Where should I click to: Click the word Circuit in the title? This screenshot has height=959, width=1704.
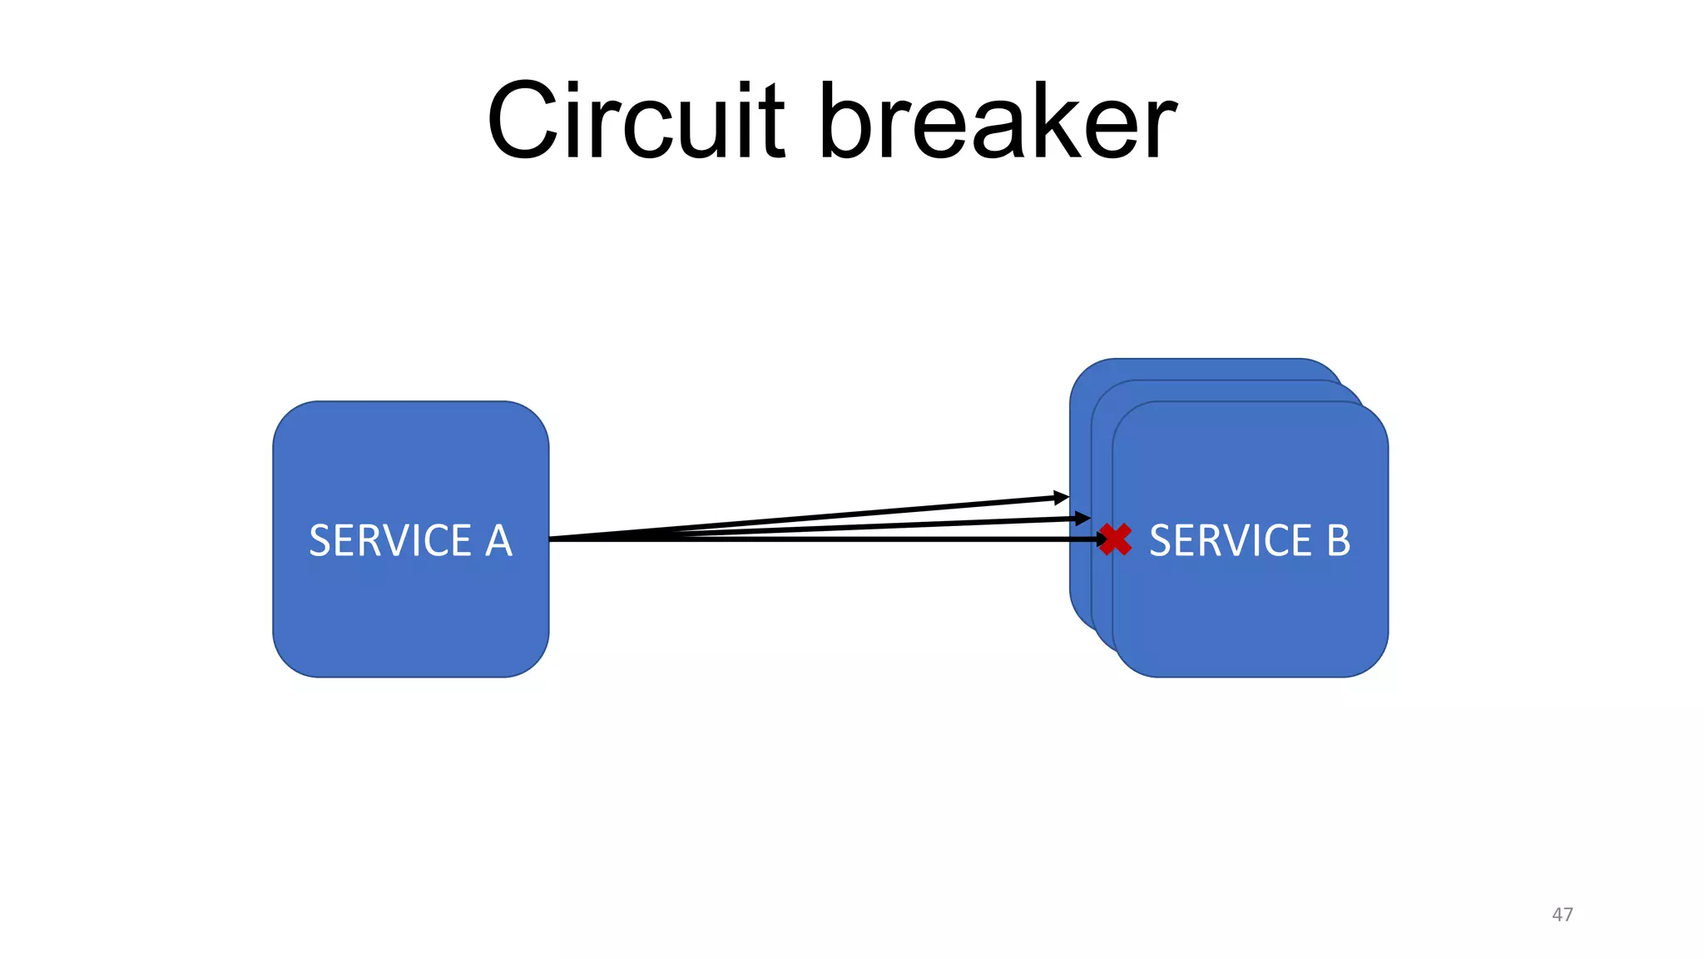click(636, 122)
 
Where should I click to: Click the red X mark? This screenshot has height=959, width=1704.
click(1115, 539)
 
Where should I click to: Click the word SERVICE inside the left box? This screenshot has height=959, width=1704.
click(390, 541)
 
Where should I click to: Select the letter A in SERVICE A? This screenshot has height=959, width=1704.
click(498, 541)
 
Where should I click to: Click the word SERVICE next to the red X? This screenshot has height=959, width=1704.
click(1231, 541)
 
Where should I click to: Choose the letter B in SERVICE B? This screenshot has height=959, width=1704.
click(1338, 541)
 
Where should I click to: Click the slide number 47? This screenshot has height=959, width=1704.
click(1562, 914)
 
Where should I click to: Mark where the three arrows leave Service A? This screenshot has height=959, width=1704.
click(552, 539)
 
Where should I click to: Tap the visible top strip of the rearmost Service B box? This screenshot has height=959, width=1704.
click(1206, 369)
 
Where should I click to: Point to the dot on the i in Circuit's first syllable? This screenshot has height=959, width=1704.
click(587, 87)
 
